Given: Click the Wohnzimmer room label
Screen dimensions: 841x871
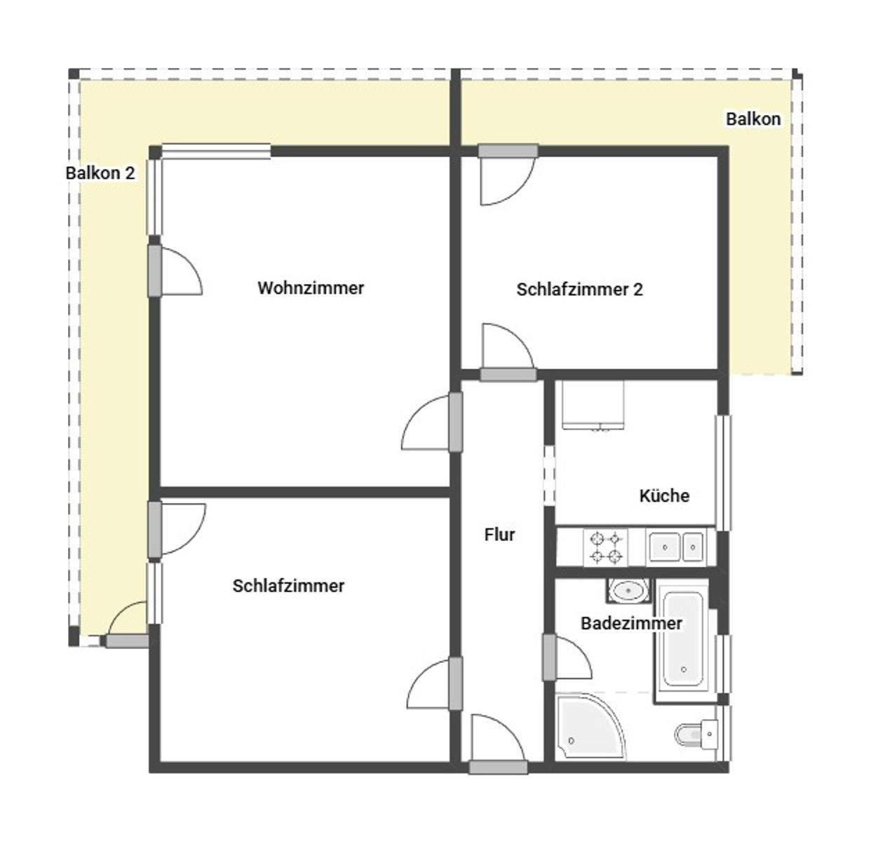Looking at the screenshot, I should [311, 288].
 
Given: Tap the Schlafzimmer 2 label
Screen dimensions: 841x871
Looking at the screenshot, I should [579, 289].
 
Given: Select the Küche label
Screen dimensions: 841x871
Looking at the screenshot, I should [664, 496].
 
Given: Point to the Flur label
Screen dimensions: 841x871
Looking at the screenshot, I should [499, 535].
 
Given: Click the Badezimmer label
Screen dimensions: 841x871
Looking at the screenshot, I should [631, 624].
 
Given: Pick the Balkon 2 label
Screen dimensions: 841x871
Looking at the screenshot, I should [100, 173].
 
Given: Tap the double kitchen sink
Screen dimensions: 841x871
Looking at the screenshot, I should [675, 547].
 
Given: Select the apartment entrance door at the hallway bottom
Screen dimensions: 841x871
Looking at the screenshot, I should [498, 767].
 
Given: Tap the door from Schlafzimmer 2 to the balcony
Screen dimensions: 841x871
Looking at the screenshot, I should [508, 151].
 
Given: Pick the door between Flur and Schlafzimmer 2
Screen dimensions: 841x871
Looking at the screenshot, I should [508, 374].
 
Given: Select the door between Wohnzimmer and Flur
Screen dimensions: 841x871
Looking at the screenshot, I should [456, 421].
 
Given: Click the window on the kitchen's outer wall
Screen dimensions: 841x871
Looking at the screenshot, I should [723, 472].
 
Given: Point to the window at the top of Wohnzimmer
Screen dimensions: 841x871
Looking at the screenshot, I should [215, 151].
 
